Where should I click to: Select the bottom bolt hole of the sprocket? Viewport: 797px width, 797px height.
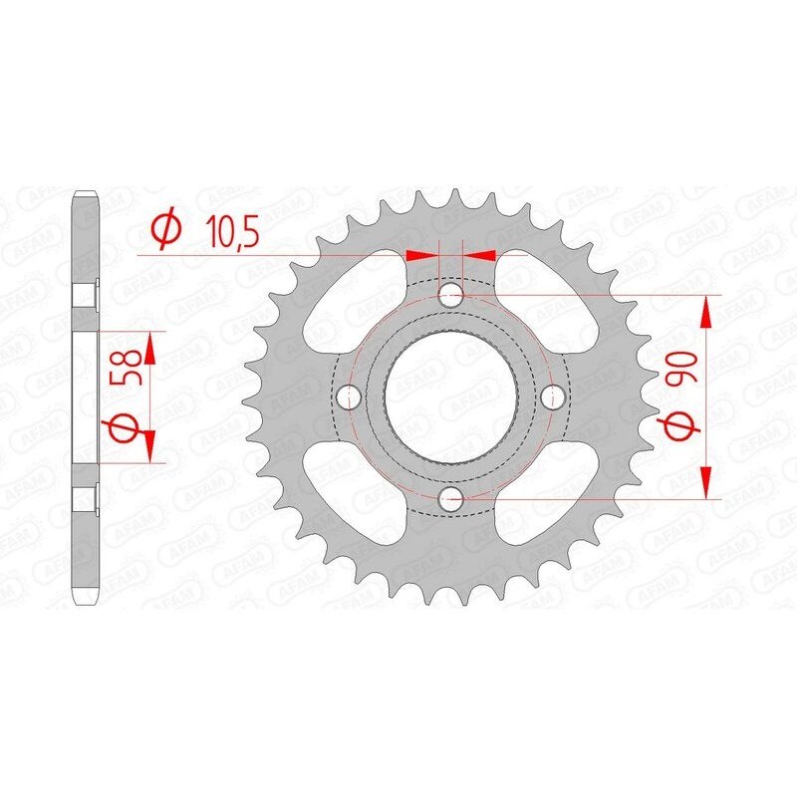[450, 500]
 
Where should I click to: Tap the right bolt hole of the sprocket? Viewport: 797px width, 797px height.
[553, 398]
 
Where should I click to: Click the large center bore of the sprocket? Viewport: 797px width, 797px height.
[450, 398]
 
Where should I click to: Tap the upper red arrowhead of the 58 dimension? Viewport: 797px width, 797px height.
[150, 349]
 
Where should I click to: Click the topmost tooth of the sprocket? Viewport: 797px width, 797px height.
[450, 196]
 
